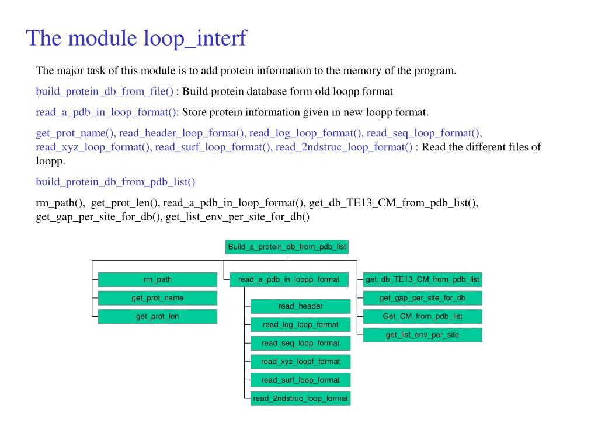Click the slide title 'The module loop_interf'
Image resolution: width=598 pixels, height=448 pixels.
point(137,38)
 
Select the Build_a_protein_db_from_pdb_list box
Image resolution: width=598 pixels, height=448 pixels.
point(287,247)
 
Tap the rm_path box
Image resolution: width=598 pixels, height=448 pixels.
point(157,279)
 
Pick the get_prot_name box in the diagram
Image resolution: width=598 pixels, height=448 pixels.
point(157,298)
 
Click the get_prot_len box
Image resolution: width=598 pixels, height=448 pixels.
point(157,317)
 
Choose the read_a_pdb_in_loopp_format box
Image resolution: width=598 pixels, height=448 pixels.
point(288,279)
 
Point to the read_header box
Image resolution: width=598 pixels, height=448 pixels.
point(300,306)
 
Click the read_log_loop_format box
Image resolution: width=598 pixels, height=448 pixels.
point(300,324)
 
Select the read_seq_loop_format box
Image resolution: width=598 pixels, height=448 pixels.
point(300,343)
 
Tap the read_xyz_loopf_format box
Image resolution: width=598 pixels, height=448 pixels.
point(300,362)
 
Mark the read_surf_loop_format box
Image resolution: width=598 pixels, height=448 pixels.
point(300,380)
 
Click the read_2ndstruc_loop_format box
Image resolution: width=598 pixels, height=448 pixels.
point(300,398)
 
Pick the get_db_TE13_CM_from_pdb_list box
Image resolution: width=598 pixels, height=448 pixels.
point(422,279)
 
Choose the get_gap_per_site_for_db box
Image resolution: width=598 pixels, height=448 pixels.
point(422,298)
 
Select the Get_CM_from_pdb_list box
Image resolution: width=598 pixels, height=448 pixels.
point(422,316)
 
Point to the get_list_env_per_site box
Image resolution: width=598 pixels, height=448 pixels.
point(422,335)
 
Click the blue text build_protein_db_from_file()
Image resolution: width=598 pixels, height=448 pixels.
point(105,92)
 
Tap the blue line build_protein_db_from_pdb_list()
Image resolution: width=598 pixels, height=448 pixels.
point(116,182)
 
